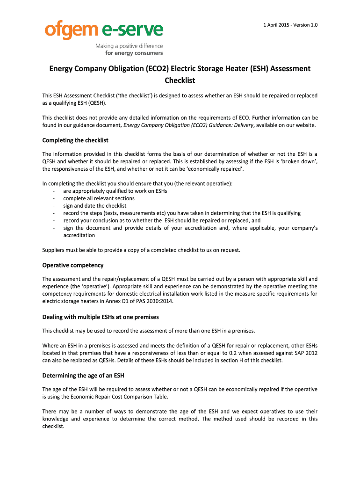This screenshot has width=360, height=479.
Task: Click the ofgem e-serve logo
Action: pos(104,30)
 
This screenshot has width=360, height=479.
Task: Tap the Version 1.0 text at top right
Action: pos(306,25)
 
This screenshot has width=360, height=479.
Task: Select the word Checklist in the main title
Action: pos(180,80)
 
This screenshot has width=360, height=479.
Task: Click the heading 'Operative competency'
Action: pos(73,265)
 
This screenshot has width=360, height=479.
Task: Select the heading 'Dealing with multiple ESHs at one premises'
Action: pos(101,317)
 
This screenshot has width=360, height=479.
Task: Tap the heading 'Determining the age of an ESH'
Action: pos(83,376)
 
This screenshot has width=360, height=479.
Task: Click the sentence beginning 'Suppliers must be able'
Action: pos(141,250)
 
